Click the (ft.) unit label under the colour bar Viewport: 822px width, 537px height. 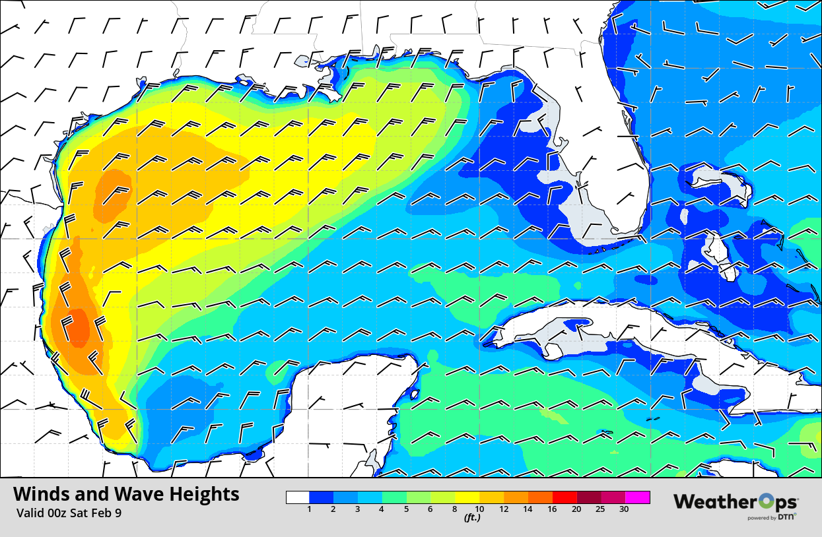[x=471, y=518]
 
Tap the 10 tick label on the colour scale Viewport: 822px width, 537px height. [x=479, y=509]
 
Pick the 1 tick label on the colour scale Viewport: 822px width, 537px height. [x=310, y=509]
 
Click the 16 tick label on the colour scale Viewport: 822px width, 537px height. [x=552, y=509]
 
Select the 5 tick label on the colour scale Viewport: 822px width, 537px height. [x=407, y=509]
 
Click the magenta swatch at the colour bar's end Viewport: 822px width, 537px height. [x=638, y=497]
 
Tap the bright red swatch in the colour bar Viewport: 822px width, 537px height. [x=565, y=497]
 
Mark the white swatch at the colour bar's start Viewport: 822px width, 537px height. [x=298, y=497]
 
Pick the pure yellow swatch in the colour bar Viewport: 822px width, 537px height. [x=467, y=497]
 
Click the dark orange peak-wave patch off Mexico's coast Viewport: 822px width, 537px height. [x=79, y=327]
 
